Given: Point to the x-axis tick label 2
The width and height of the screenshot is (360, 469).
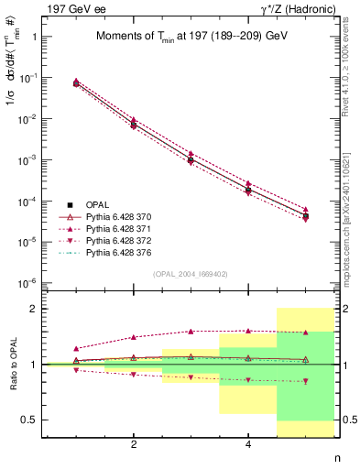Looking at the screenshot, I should (134, 445).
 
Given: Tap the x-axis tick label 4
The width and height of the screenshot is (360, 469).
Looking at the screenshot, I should (248, 445).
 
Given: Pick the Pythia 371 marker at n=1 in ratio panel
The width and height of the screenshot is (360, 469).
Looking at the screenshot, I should (76, 349).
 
